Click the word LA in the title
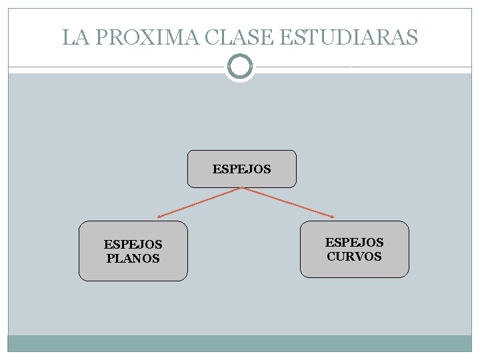tap(76, 37)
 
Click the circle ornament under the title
tap(240, 67)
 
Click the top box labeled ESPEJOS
tap(242, 169)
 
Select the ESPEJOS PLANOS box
tap(133, 251)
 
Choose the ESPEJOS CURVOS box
tap(354, 249)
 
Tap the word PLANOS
tap(133, 258)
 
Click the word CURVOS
tap(354, 256)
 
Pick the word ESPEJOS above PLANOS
tap(133, 245)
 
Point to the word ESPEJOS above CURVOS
tap(354, 243)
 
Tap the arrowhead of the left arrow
tap(160, 217)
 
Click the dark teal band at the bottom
tap(240, 343)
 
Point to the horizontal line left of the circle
tap(117, 67)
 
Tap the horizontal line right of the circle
tap(363, 67)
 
